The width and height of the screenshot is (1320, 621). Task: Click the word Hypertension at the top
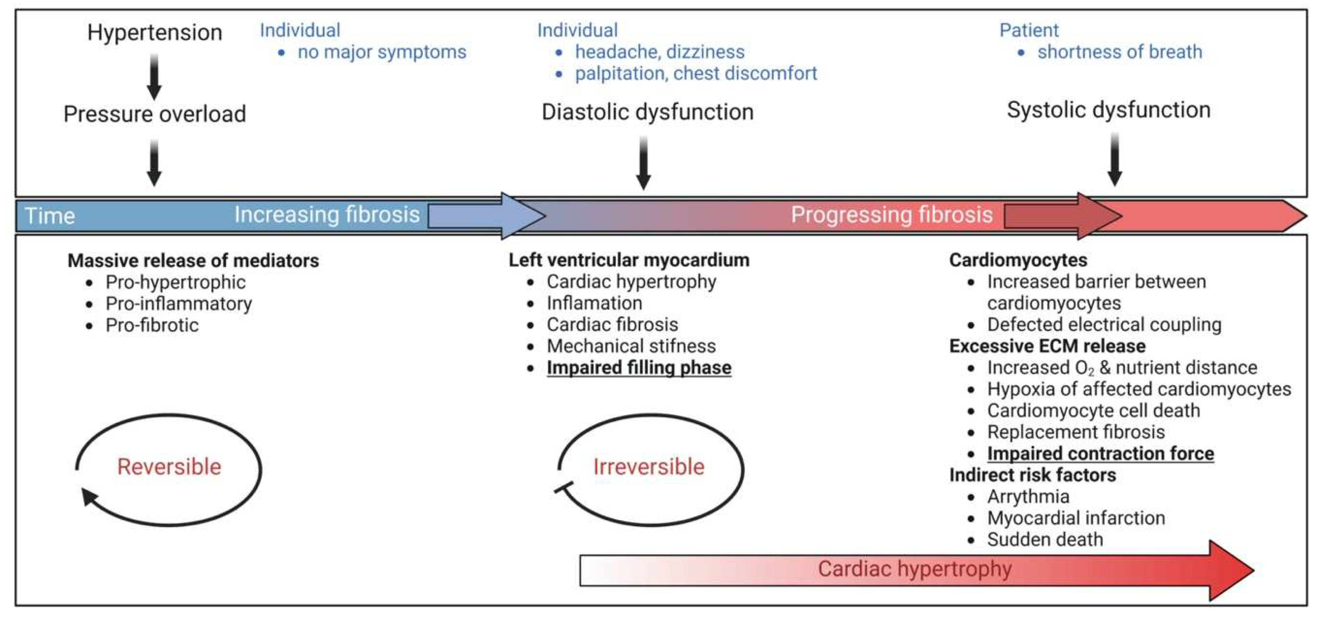click(155, 33)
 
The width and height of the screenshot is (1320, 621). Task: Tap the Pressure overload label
click(155, 114)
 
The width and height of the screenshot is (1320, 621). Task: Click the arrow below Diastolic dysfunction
click(643, 163)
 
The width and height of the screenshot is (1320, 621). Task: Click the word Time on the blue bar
click(50, 216)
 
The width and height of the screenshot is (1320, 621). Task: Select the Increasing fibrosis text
click(327, 215)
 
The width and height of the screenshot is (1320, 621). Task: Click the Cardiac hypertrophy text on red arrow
click(915, 569)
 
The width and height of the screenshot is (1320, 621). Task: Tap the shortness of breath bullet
click(1120, 52)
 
